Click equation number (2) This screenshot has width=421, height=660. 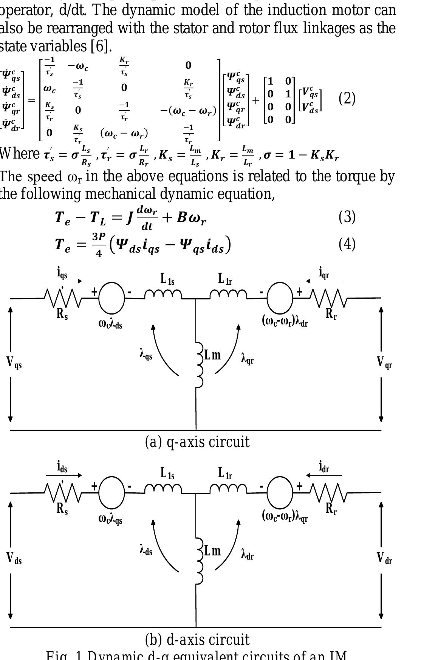(347, 99)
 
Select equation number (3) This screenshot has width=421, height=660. (347, 217)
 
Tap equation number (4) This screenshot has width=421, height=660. (347, 244)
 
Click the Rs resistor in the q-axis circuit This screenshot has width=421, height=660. (63, 298)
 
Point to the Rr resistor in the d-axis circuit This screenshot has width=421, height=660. (328, 493)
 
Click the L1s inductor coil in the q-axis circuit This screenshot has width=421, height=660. (163, 294)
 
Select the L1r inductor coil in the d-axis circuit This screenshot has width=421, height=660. (228, 489)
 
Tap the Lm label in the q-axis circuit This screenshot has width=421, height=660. (212, 355)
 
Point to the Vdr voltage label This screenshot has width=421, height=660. (384, 558)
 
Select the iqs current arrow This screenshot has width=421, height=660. (63, 281)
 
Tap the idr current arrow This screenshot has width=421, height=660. (324, 475)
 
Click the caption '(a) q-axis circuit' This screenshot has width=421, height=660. (197, 442)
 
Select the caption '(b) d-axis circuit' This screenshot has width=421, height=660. (197, 640)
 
